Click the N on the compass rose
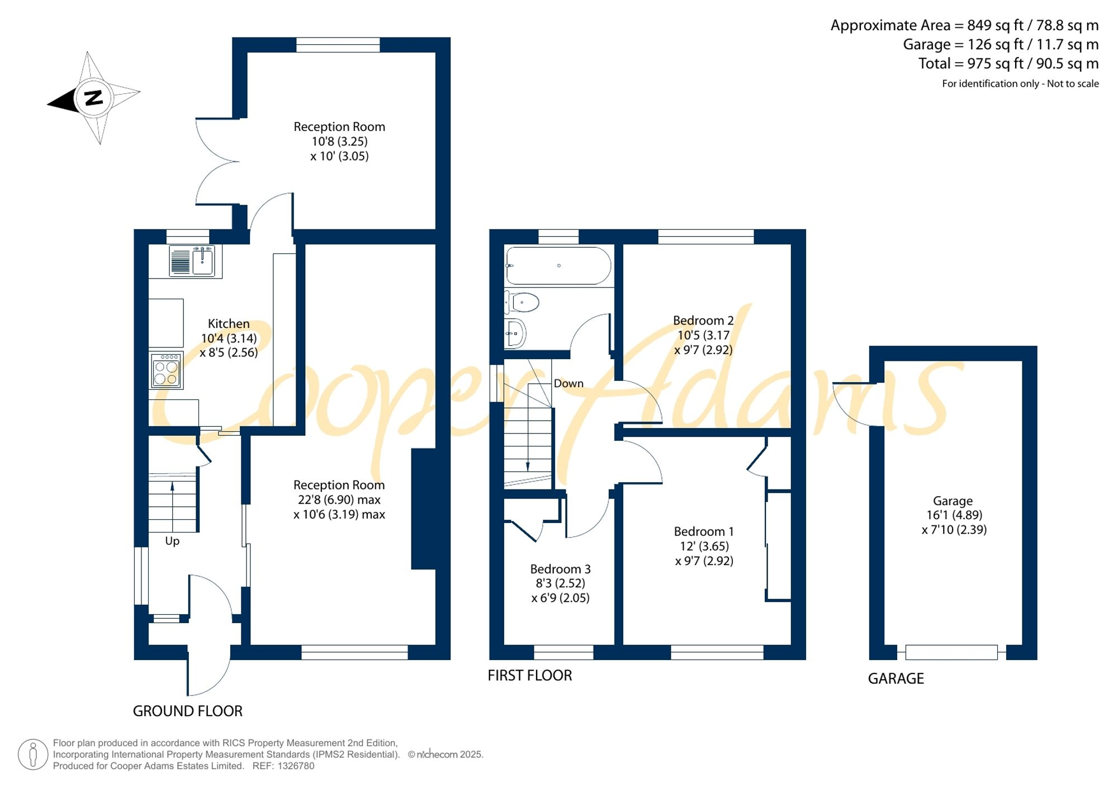(x=93, y=98)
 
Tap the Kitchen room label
(x=229, y=324)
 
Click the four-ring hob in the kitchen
(x=166, y=370)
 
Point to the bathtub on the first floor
(x=558, y=266)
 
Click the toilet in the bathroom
(x=522, y=303)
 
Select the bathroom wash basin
(x=515, y=333)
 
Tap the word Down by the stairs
(x=569, y=383)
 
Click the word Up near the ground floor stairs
(x=172, y=542)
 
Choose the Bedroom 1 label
(x=704, y=531)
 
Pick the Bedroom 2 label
(x=703, y=321)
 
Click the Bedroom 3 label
(x=560, y=569)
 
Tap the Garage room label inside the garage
(x=953, y=501)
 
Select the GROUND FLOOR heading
(x=188, y=711)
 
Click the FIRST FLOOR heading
(x=530, y=675)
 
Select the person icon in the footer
(x=33, y=755)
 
